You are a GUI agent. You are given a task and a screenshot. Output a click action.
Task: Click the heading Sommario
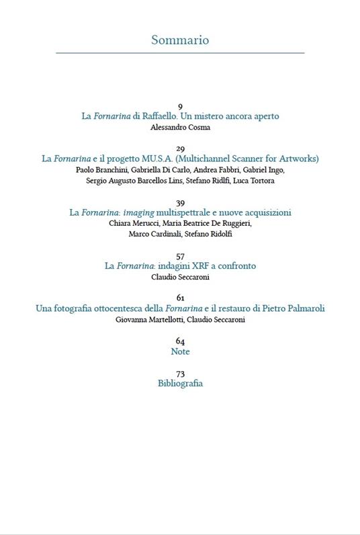(x=180, y=40)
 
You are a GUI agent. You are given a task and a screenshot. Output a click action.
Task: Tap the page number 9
(x=180, y=107)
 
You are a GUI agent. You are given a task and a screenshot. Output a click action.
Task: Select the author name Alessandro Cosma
(x=180, y=126)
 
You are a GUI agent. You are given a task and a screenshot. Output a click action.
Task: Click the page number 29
(x=180, y=149)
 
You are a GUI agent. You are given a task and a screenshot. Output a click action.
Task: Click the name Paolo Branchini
(x=99, y=170)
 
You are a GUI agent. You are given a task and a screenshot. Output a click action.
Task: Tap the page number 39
(x=180, y=203)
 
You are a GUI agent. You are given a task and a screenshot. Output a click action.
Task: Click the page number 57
(x=180, y=256)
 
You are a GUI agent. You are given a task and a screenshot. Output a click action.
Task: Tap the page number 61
(x=180, y=298)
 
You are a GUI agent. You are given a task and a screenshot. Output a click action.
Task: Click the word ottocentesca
(x=116, y=308)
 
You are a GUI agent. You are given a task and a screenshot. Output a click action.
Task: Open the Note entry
(x=180, y=352)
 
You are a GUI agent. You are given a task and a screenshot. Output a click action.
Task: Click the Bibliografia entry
(x=180, y=384)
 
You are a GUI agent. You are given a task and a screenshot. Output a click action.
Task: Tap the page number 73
(x=180, y=374)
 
